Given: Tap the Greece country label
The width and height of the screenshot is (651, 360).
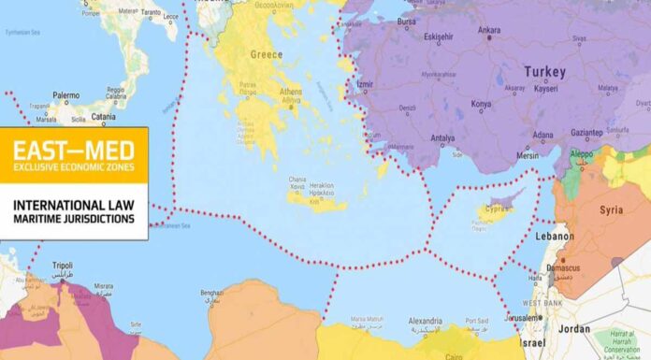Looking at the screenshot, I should point(266,54).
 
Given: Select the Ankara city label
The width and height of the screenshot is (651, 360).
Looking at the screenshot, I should point(489,29).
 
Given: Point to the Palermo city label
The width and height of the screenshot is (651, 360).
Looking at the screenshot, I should point(65,95).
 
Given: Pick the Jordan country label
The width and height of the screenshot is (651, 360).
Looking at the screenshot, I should point(574,329).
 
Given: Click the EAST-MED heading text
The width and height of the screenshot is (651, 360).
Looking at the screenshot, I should point(73,149).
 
